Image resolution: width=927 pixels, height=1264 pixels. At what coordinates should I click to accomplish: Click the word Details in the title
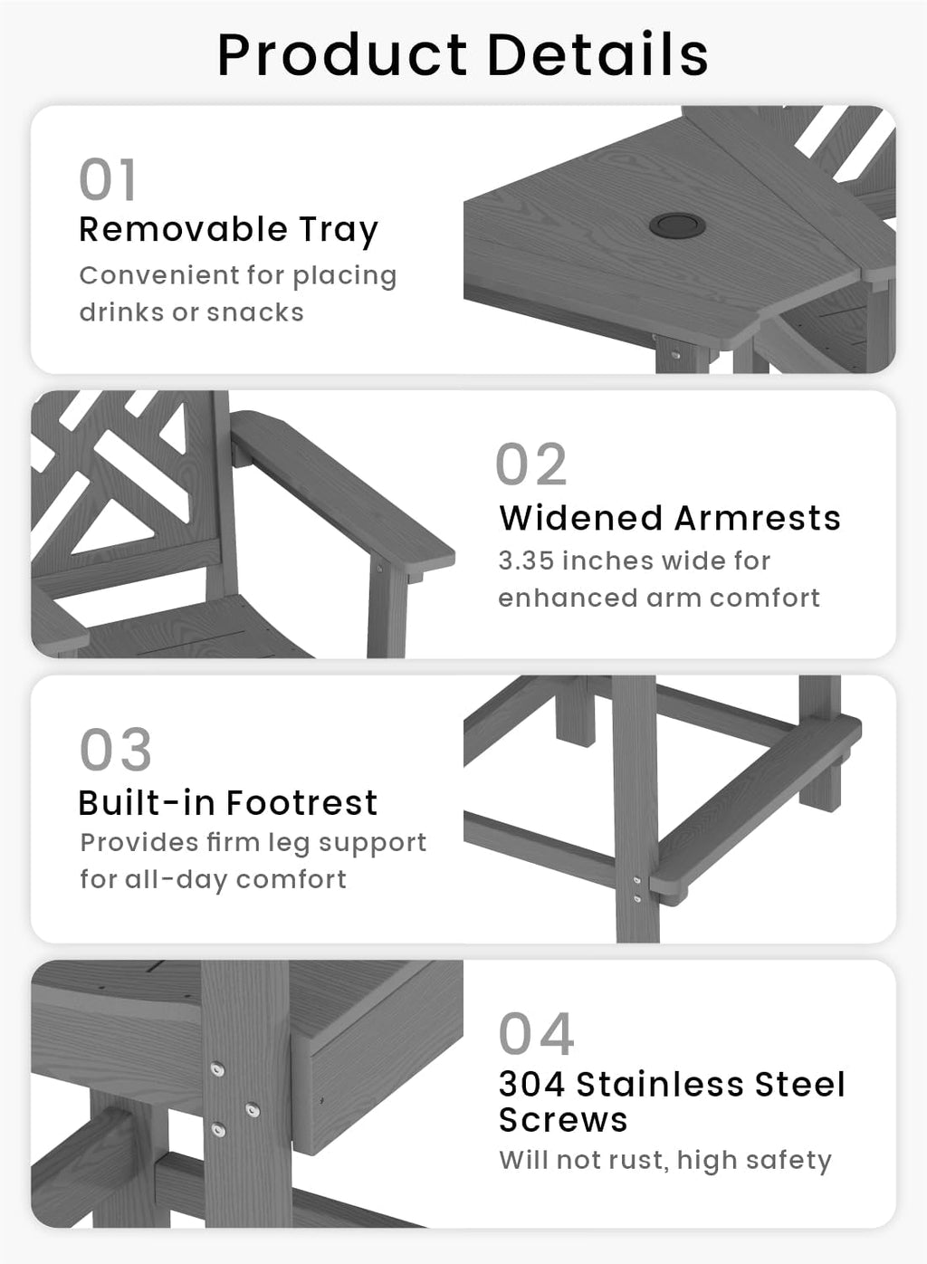(597, 54)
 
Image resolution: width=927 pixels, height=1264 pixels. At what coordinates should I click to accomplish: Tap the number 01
(107, 179)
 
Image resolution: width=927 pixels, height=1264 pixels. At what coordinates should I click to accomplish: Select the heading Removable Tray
(228, 230)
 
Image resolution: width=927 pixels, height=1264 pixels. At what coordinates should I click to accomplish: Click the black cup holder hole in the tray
(677, 225)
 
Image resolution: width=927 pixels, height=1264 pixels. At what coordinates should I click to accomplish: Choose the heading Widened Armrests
(670, 518)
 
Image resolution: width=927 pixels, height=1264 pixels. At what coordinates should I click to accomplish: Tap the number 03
(116, 750)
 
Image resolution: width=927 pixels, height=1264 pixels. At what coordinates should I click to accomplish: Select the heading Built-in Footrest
(228, 802)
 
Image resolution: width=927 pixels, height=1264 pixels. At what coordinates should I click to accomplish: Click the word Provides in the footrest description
(139, 843)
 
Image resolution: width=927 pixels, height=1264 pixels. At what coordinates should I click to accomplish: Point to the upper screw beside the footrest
(637, 880)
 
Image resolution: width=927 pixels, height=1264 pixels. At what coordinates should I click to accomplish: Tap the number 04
(536, 1034)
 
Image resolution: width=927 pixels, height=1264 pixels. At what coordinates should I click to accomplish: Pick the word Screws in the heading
(563, 1119)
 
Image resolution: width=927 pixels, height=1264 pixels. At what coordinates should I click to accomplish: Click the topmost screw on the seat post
(217, 1069)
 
